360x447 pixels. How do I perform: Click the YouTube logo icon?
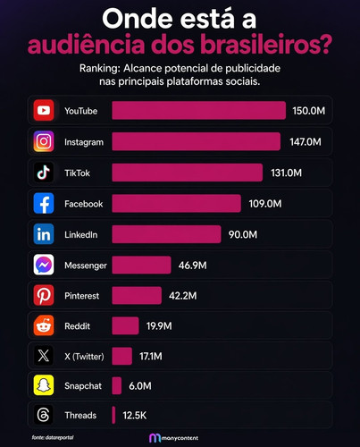[44, 111]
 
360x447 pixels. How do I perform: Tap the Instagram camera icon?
[44, 141]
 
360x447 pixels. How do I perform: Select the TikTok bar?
[188, 173]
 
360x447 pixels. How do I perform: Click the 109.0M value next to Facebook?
[265, 204]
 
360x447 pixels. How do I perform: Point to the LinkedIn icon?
[44, 234]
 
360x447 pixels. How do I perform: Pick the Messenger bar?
[141, 265]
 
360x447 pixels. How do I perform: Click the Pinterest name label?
[81, 296]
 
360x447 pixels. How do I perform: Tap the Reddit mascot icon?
[44, 325]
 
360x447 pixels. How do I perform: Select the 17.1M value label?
[151, 357]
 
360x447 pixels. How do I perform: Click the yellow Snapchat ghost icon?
[44, 385]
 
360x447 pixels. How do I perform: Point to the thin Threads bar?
[113, 415]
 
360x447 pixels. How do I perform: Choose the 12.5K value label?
[135, 416]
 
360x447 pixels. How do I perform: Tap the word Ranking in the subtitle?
[99, 69]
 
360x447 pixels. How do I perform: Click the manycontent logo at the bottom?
[173, 438]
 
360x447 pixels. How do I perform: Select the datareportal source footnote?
[53, 437]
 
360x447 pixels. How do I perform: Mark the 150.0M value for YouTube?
[308, 111]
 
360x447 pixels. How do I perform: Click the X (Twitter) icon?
[44, 356]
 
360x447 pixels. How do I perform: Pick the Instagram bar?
[197, 141]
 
